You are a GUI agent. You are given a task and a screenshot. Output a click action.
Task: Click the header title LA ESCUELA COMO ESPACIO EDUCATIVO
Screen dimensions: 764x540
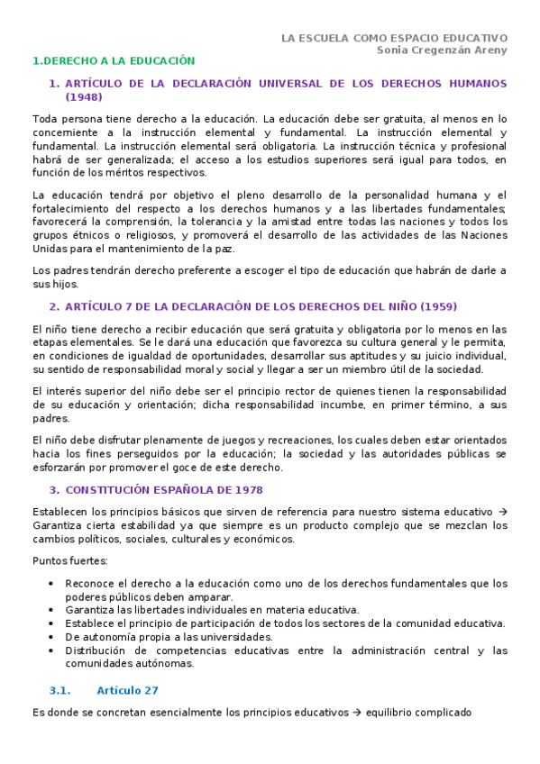point(394,38)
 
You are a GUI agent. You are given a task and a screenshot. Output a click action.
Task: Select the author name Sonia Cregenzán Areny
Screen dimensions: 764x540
point(442,50)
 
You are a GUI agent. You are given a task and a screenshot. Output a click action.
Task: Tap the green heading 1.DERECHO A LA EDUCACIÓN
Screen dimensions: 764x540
point(114,61)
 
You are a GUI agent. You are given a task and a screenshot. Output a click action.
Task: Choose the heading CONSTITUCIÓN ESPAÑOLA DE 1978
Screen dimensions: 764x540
point(164,490)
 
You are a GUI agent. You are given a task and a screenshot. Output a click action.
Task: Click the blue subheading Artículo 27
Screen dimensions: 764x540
point(127,690)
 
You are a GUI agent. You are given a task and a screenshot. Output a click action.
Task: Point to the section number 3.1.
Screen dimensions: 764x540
point(60,690)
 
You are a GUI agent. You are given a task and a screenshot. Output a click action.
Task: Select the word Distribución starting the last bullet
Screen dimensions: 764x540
point(97,650)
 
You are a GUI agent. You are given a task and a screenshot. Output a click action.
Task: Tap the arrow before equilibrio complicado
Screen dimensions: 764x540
point(357,713)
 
